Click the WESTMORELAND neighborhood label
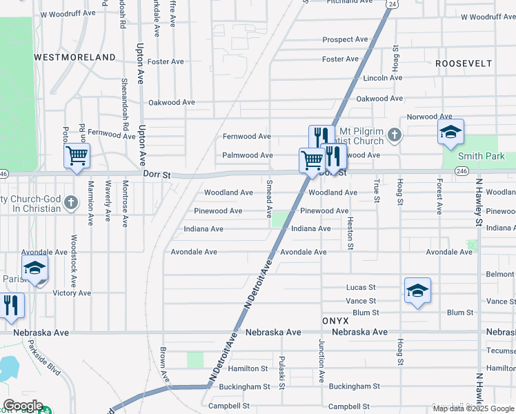(75, 57)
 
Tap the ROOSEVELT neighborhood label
(464, 63)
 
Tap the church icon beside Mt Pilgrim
(394, 135)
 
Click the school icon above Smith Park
(450, 132)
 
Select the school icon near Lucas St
(417, 291)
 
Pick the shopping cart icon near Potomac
(77, 156)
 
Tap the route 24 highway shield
(392, 4)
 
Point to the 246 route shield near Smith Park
(462, 170)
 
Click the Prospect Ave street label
(345, 40)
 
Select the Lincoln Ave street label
(382, 78)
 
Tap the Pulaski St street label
(282, 372)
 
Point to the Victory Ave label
(72, 293)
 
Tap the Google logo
(22, 406)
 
